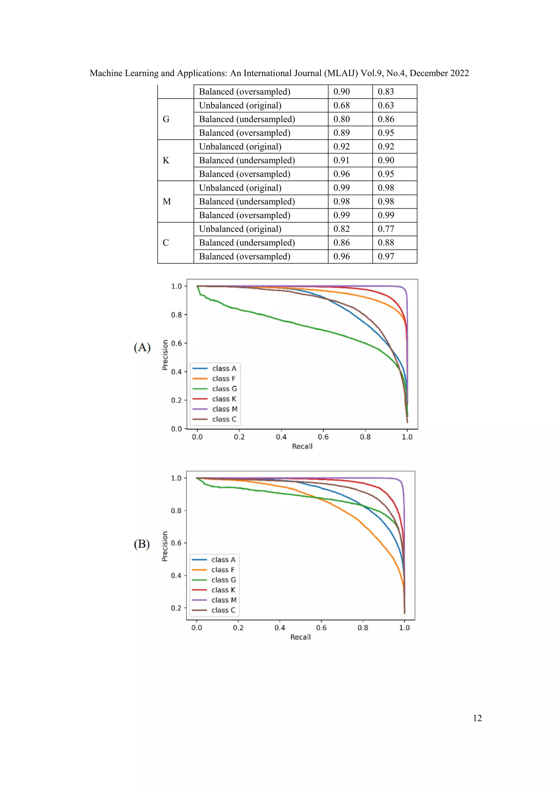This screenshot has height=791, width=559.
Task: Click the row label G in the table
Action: click(x=166, y=119)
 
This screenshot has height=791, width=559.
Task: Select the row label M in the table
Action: click(x=166, y=202)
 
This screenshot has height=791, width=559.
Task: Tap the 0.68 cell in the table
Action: click(x=341, y=105)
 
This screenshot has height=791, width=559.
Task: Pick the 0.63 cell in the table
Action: click(x=386, y=105)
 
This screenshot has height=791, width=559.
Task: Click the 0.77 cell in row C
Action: click(x=386, y=229)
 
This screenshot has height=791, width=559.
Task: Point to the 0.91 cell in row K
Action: click(x=341, y=161)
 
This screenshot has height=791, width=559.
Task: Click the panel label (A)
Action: click(x=142, y=347)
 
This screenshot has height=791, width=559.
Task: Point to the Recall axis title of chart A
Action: click(x=302, y=447)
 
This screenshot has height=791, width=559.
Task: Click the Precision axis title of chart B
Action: click(x=165, y=546)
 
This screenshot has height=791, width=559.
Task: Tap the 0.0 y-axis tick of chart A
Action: click(x=176, y=429)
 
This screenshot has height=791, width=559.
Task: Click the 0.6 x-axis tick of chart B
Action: click(x=321, y=628)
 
